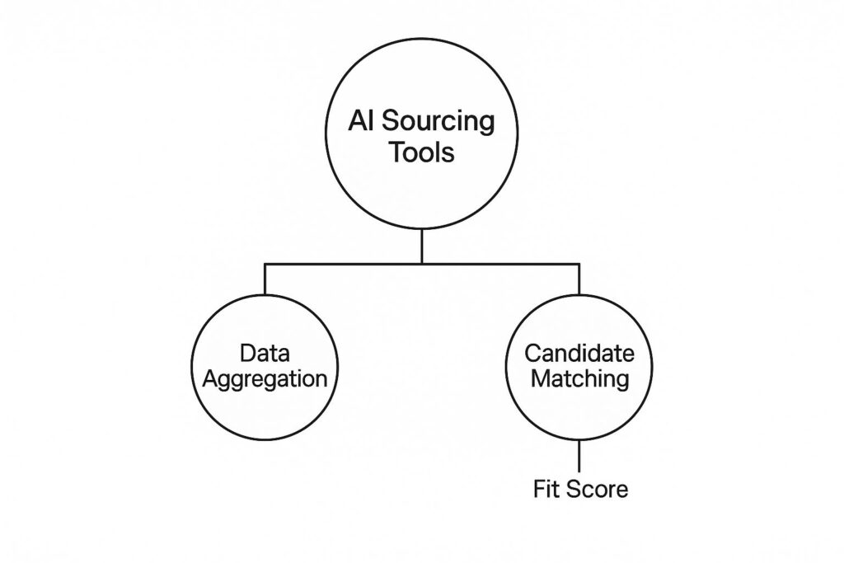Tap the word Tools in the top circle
(x=421, y=153)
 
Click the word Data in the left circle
(x=265, y=354)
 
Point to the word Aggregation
(x=265, y=381)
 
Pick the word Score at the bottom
(x=598, y=490)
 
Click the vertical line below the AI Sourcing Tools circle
(x=421, y=246)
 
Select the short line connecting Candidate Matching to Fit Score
(x=579, y=454)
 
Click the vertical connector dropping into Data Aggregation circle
(x=265, y=279)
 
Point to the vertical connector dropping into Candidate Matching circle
(x=579, y=279)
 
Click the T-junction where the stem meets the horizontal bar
(x=421, y=264)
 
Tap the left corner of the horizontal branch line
(x=265, y=264)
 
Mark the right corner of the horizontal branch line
(x=579, y=264)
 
